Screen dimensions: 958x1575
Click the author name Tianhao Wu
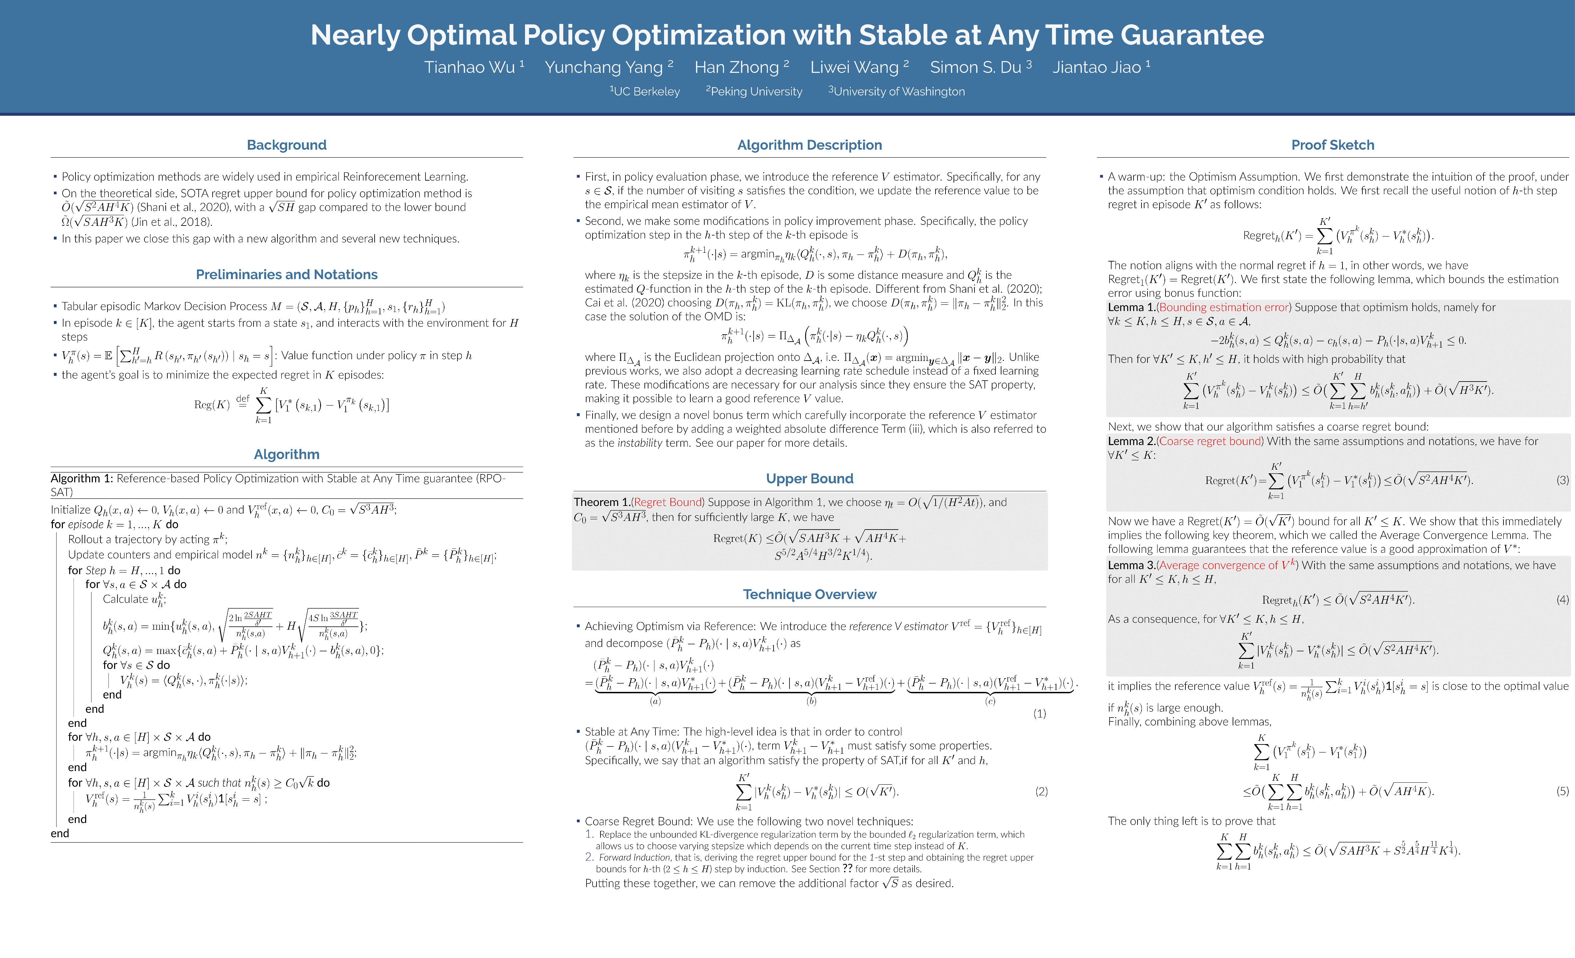click(470, 67)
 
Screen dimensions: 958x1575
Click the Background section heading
click(286, 145)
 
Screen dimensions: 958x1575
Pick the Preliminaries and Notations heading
click(286, 274)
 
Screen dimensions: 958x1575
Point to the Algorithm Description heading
click(809, 145)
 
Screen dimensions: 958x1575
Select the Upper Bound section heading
click(809, 479)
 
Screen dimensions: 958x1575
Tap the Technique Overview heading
click(809, 594)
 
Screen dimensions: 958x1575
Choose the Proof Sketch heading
click(1333, 145)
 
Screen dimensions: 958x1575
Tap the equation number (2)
click(1041, 791)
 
